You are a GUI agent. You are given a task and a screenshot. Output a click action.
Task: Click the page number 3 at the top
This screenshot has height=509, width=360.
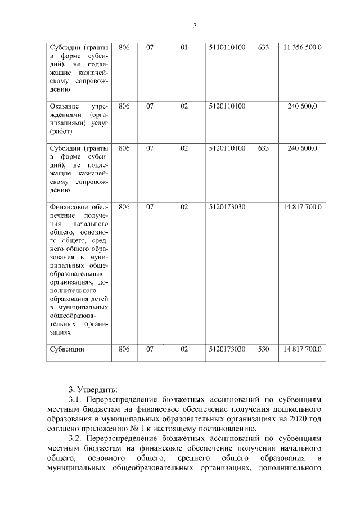point(195,26)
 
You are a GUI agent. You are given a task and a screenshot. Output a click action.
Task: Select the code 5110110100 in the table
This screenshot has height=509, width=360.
point(227,48)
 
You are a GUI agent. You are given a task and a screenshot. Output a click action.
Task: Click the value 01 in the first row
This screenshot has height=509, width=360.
point(183,48)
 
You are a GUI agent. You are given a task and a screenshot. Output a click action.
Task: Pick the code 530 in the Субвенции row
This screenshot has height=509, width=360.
point(263,349)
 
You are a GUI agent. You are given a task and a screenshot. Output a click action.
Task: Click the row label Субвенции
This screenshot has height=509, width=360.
point(67,349)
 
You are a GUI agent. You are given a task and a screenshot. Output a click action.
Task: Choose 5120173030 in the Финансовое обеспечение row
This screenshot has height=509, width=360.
point(227,207)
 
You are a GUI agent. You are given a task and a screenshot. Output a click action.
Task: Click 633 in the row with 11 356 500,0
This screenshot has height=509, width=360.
point(263,48)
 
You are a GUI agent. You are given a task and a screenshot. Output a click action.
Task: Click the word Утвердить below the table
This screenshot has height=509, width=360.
point(97,389)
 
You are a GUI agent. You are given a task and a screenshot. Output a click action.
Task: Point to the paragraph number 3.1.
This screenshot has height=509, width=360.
point(75,399)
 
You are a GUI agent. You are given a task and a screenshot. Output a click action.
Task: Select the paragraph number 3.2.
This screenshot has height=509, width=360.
point(75,437)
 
